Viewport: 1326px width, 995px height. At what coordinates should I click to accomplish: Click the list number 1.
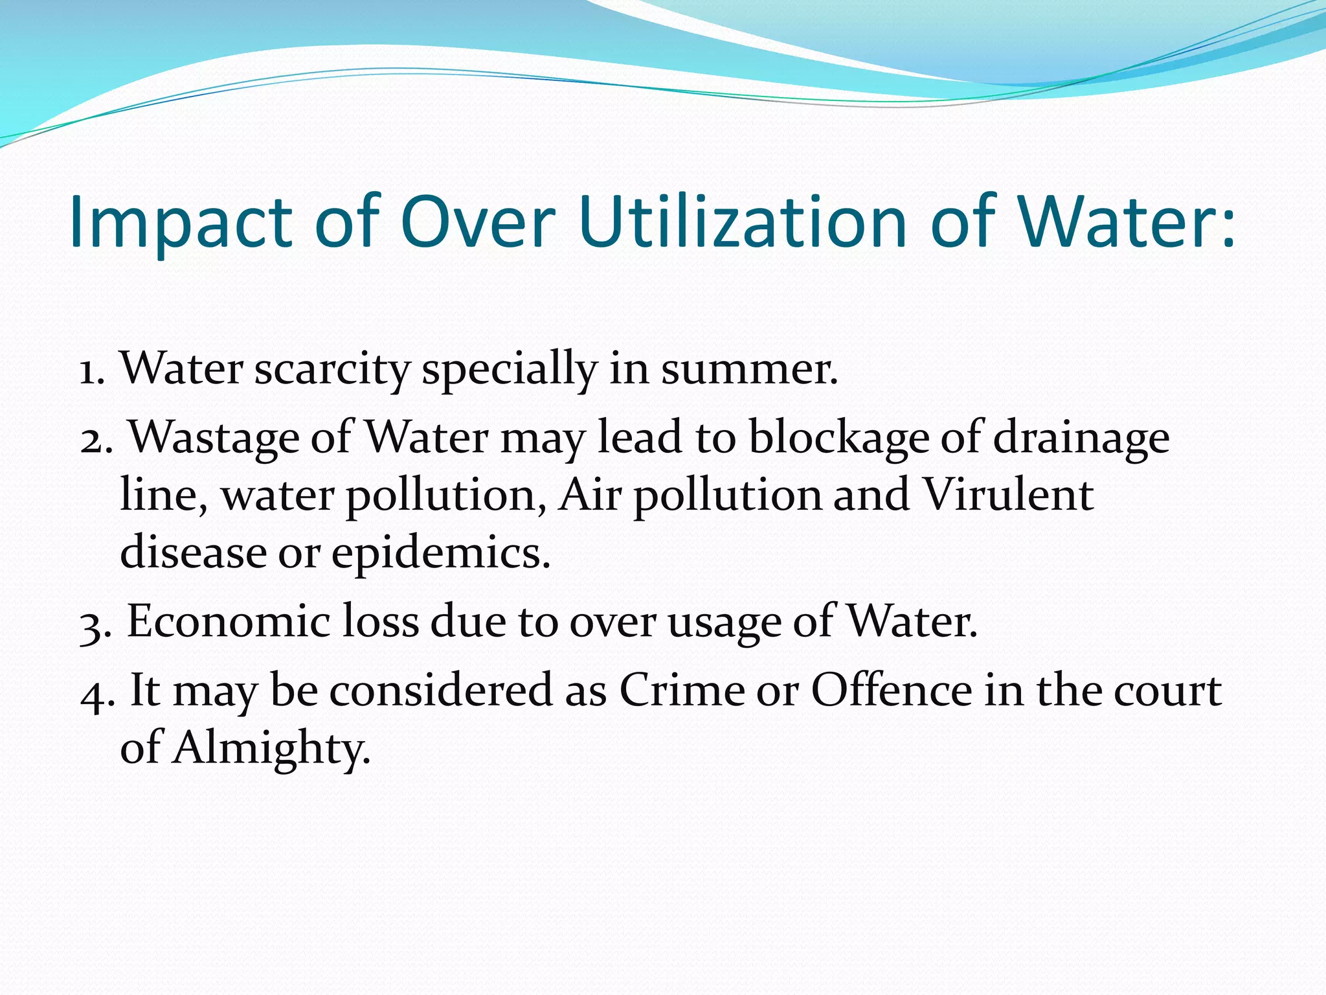click(x=91, y=371)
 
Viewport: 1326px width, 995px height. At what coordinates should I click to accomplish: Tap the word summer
click(x=748, y=369)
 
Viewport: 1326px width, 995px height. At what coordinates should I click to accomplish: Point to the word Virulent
click(x=1007, y=495)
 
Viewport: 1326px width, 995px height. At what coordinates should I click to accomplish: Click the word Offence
click(x=892, y=691)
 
